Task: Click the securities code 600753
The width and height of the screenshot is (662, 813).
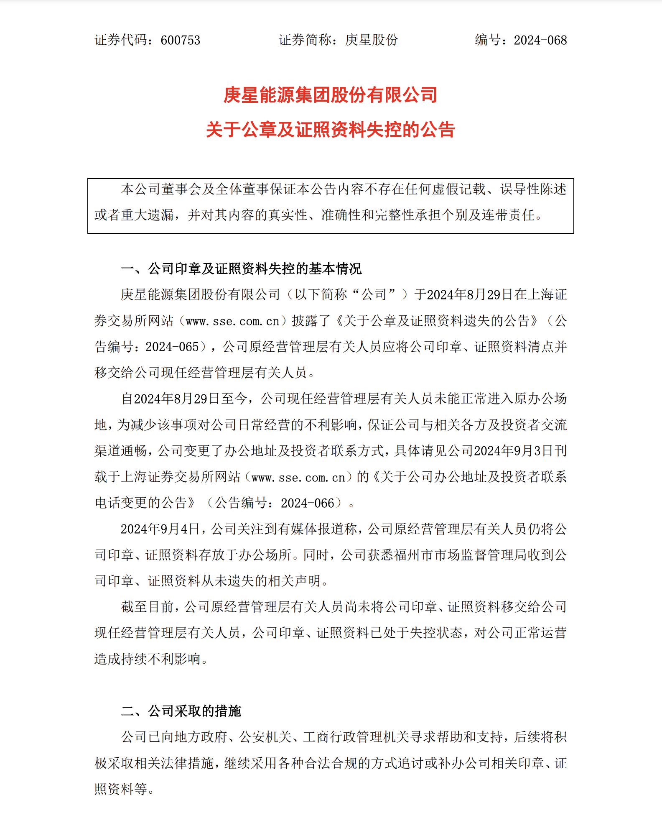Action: [180, 40]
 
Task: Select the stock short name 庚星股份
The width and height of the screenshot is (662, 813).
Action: [371, 40]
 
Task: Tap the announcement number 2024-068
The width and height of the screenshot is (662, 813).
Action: [540, 40]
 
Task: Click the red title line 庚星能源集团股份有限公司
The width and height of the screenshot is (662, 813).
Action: [330, 95]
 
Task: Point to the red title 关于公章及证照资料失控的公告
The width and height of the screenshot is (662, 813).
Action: [330, 129]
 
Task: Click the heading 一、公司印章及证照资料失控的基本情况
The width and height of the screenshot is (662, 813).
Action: [241, 268]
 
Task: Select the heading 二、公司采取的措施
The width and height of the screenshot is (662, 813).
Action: [181, 711]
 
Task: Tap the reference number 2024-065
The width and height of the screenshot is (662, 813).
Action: [172, 347]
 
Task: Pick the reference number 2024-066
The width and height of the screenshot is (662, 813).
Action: [307, 503]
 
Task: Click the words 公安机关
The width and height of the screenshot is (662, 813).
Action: [265, 737]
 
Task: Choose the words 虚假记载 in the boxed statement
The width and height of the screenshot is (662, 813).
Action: [458, 189]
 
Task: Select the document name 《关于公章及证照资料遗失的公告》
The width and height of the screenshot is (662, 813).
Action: [437, 321]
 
